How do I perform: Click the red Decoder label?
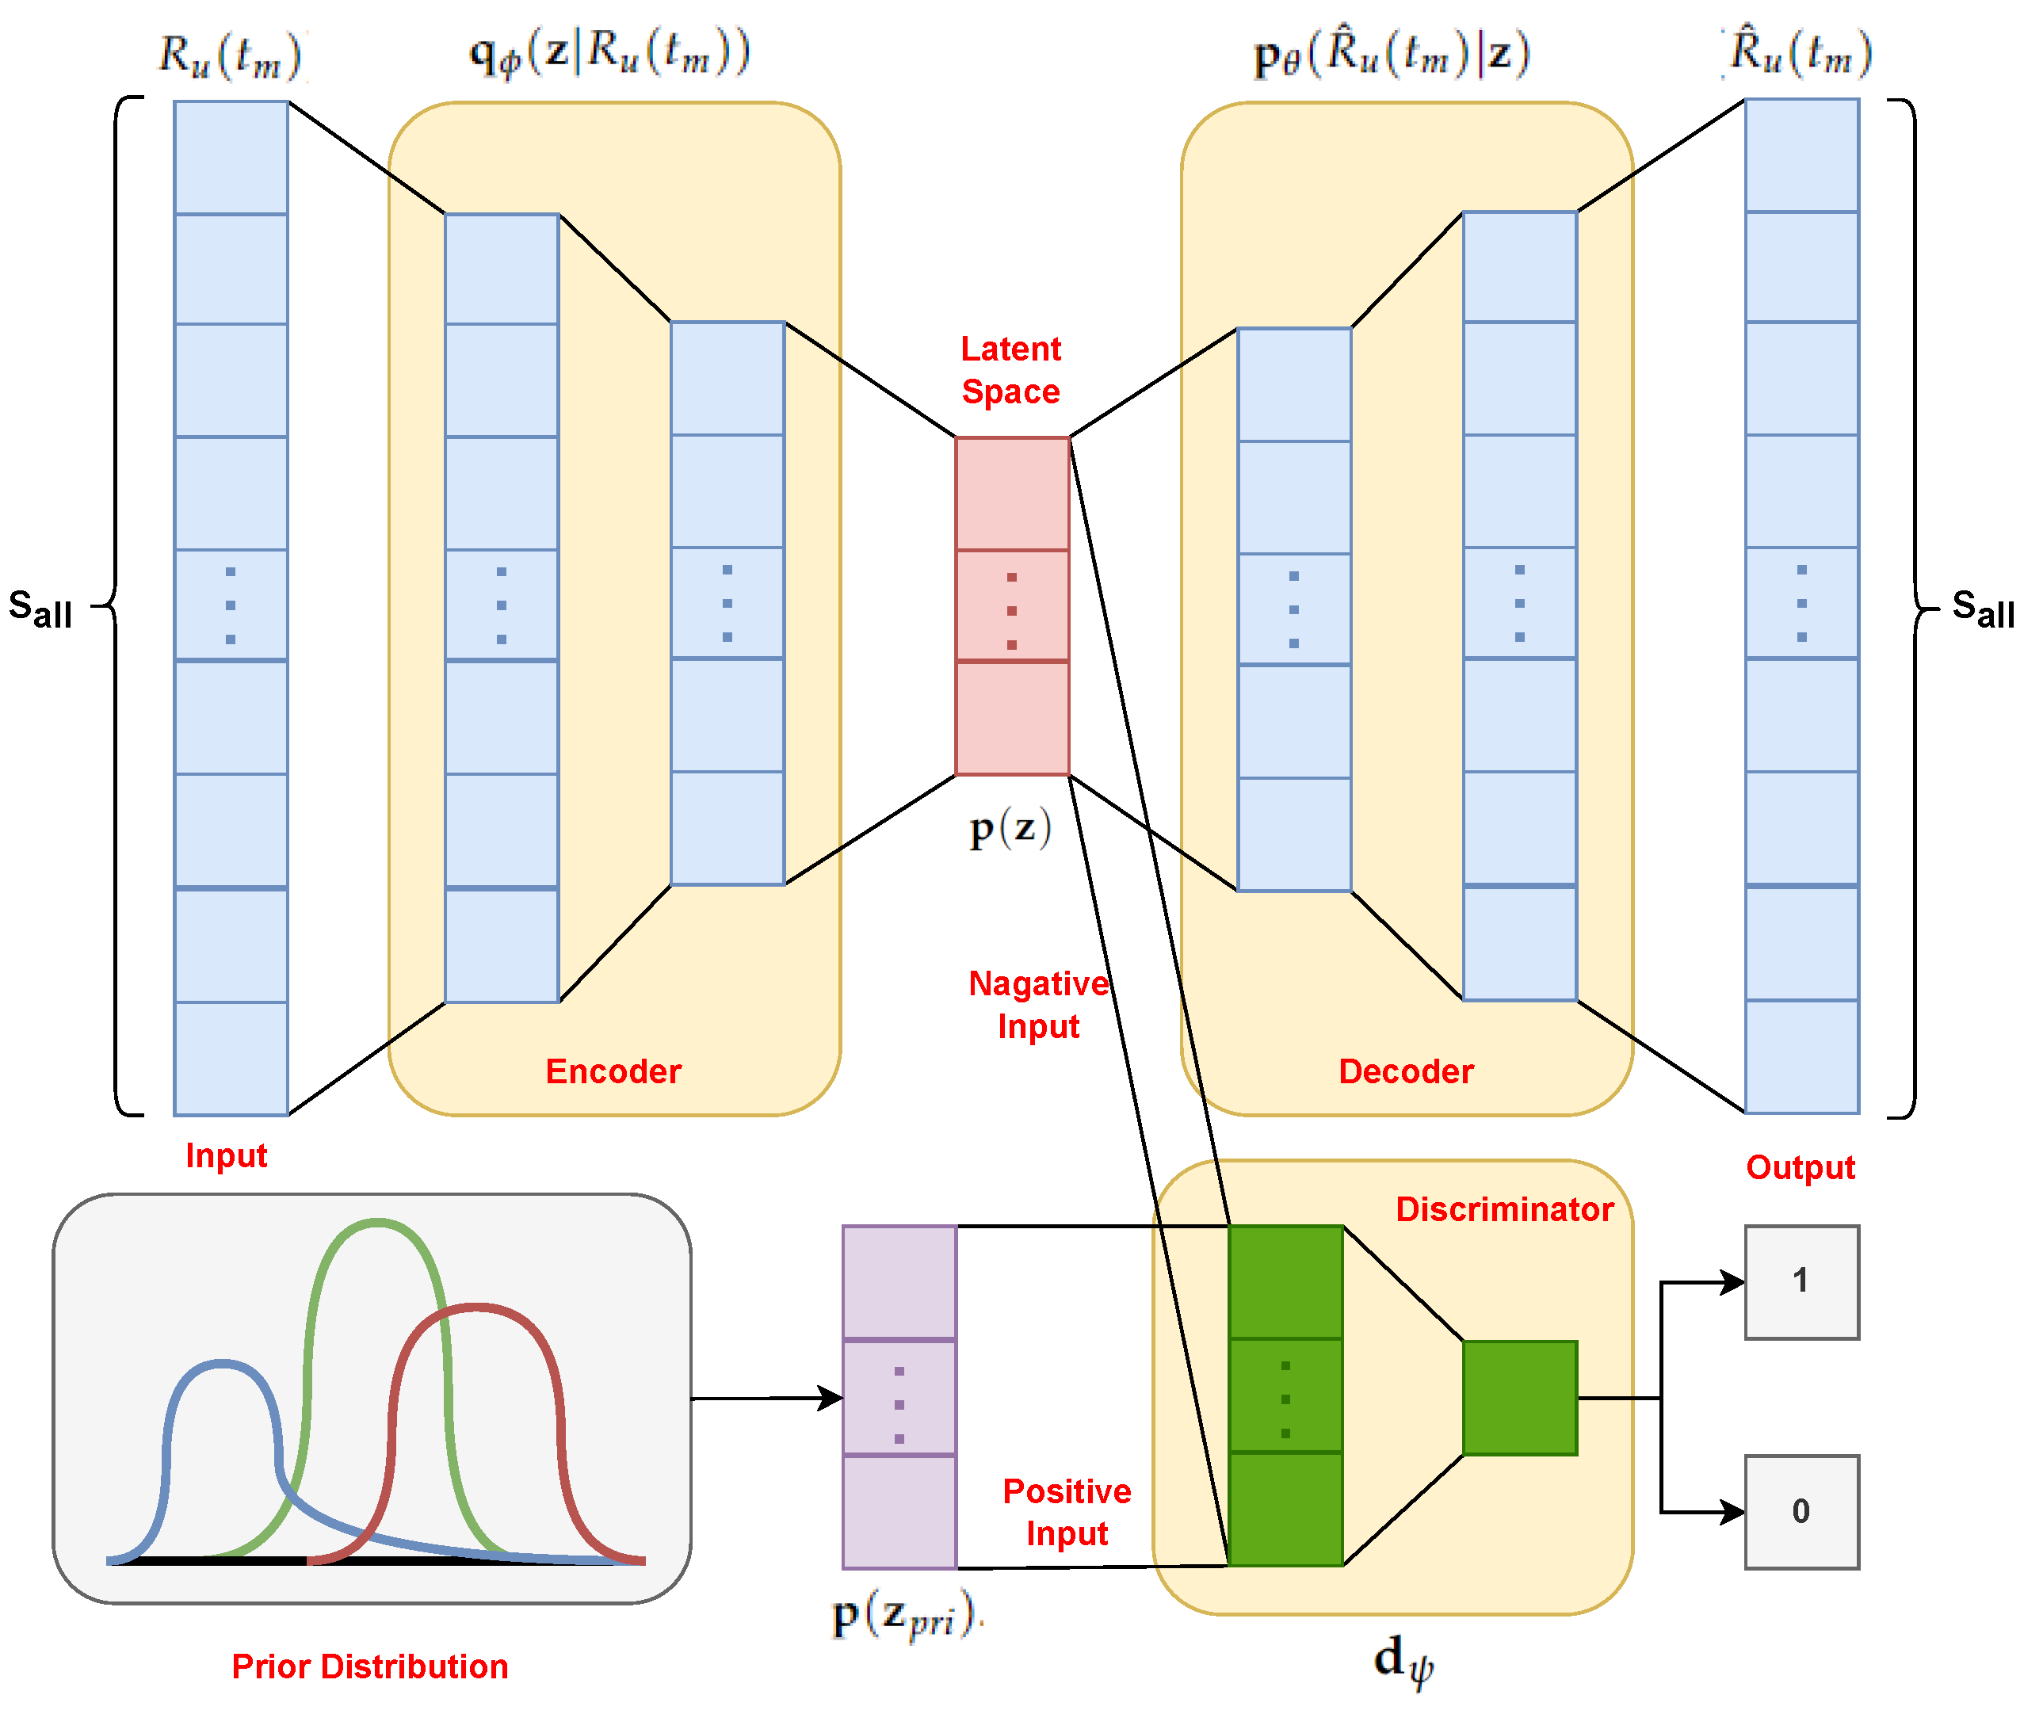coord(1406,1071)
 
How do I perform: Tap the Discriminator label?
coord(1504,1209)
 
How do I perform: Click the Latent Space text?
coord(1010,369)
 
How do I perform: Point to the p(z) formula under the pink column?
coord(1010,828)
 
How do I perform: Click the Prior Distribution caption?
coord(369,1666)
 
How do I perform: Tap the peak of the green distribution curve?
coord(377,1223)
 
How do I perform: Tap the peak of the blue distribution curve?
coord(223,1365)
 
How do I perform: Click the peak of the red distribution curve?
coord(475,1308)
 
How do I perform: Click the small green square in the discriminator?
coord(1520,1398)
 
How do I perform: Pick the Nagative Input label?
coord(1038,1005)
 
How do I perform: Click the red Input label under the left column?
coord(226,1155)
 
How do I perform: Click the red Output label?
coord(1800,1167)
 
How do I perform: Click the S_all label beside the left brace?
coord(41,609)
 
